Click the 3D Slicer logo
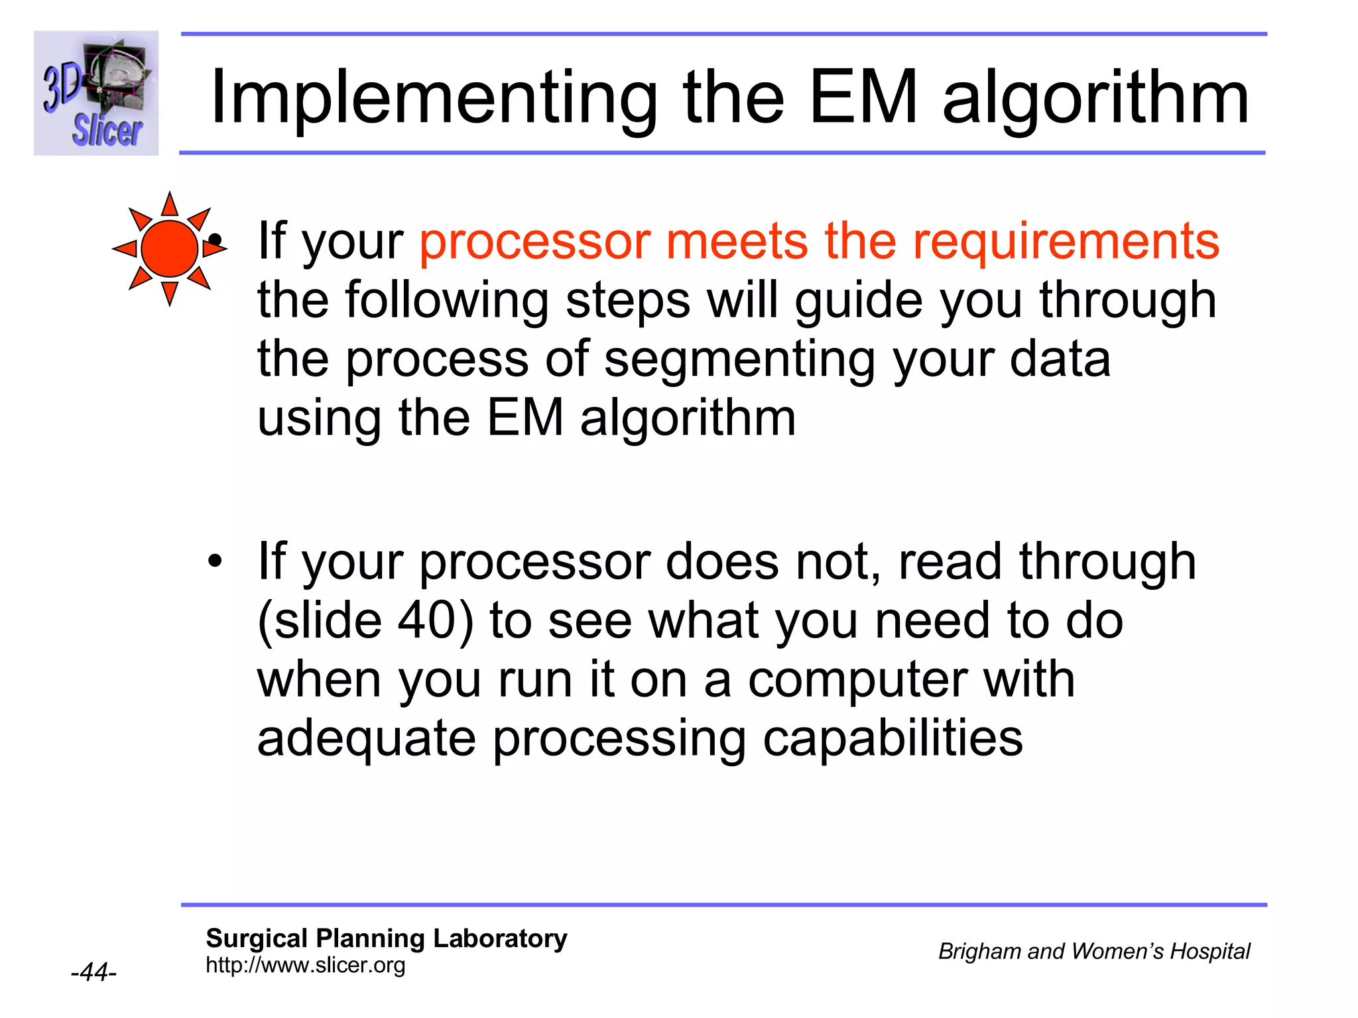(96, 93)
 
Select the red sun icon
(170, 249)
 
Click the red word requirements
(1066, 241)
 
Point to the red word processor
(534, 243)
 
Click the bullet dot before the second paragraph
(215, 561)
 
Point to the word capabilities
(893, 740)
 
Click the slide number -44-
(93, 972)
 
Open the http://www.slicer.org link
(305, 966)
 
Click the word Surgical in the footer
(257, 938)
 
